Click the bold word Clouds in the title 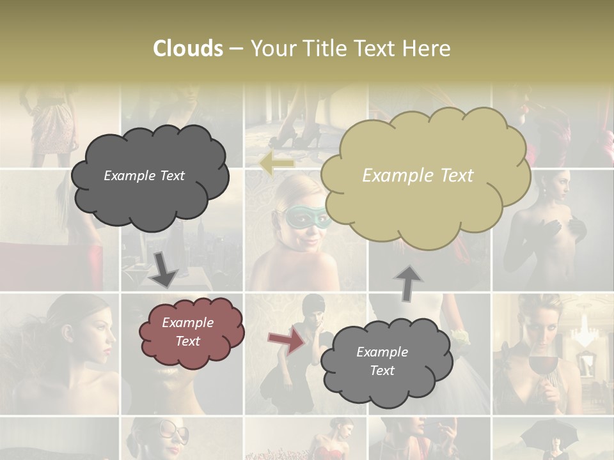[x=188, y=49]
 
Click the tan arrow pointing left [x=277, y=164]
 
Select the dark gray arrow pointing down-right [x=163, y=269]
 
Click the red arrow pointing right [x=287, y=340]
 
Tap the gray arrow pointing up [x=408, y=284]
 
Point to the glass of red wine [x=541, y=368]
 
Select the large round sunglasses [x=169, y=433]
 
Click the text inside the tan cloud [x=418, y=175]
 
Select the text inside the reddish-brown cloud [x=187, y=332]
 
